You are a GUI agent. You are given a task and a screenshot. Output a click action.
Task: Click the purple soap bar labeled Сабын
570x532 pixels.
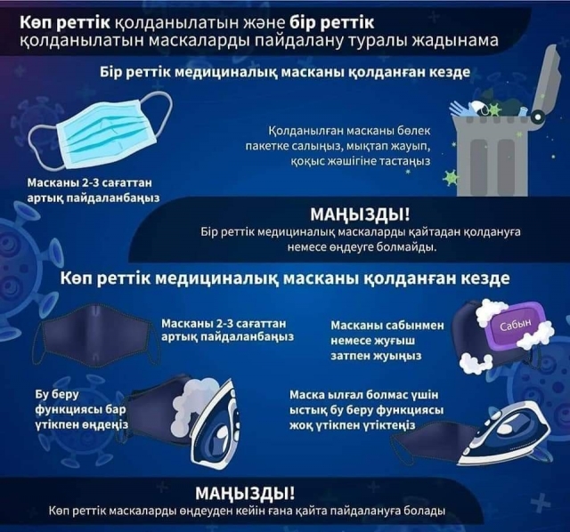tap(517, 326)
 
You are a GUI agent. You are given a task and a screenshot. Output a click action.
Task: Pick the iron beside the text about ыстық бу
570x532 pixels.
tap(505, 439)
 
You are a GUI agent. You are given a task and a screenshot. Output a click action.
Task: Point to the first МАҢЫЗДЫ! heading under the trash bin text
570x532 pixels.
tap(360, 214)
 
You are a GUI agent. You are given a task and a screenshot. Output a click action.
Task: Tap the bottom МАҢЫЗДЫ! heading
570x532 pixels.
tap(245, 494)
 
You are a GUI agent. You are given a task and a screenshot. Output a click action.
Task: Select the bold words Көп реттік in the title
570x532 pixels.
tap(65, 22)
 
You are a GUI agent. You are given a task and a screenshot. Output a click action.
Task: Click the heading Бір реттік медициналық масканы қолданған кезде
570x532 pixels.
tap(285, 72)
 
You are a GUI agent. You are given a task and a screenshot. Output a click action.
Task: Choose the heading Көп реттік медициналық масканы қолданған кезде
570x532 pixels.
tap(285, 278)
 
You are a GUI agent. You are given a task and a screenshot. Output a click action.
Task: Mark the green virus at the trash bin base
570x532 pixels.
tap(451, 178)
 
